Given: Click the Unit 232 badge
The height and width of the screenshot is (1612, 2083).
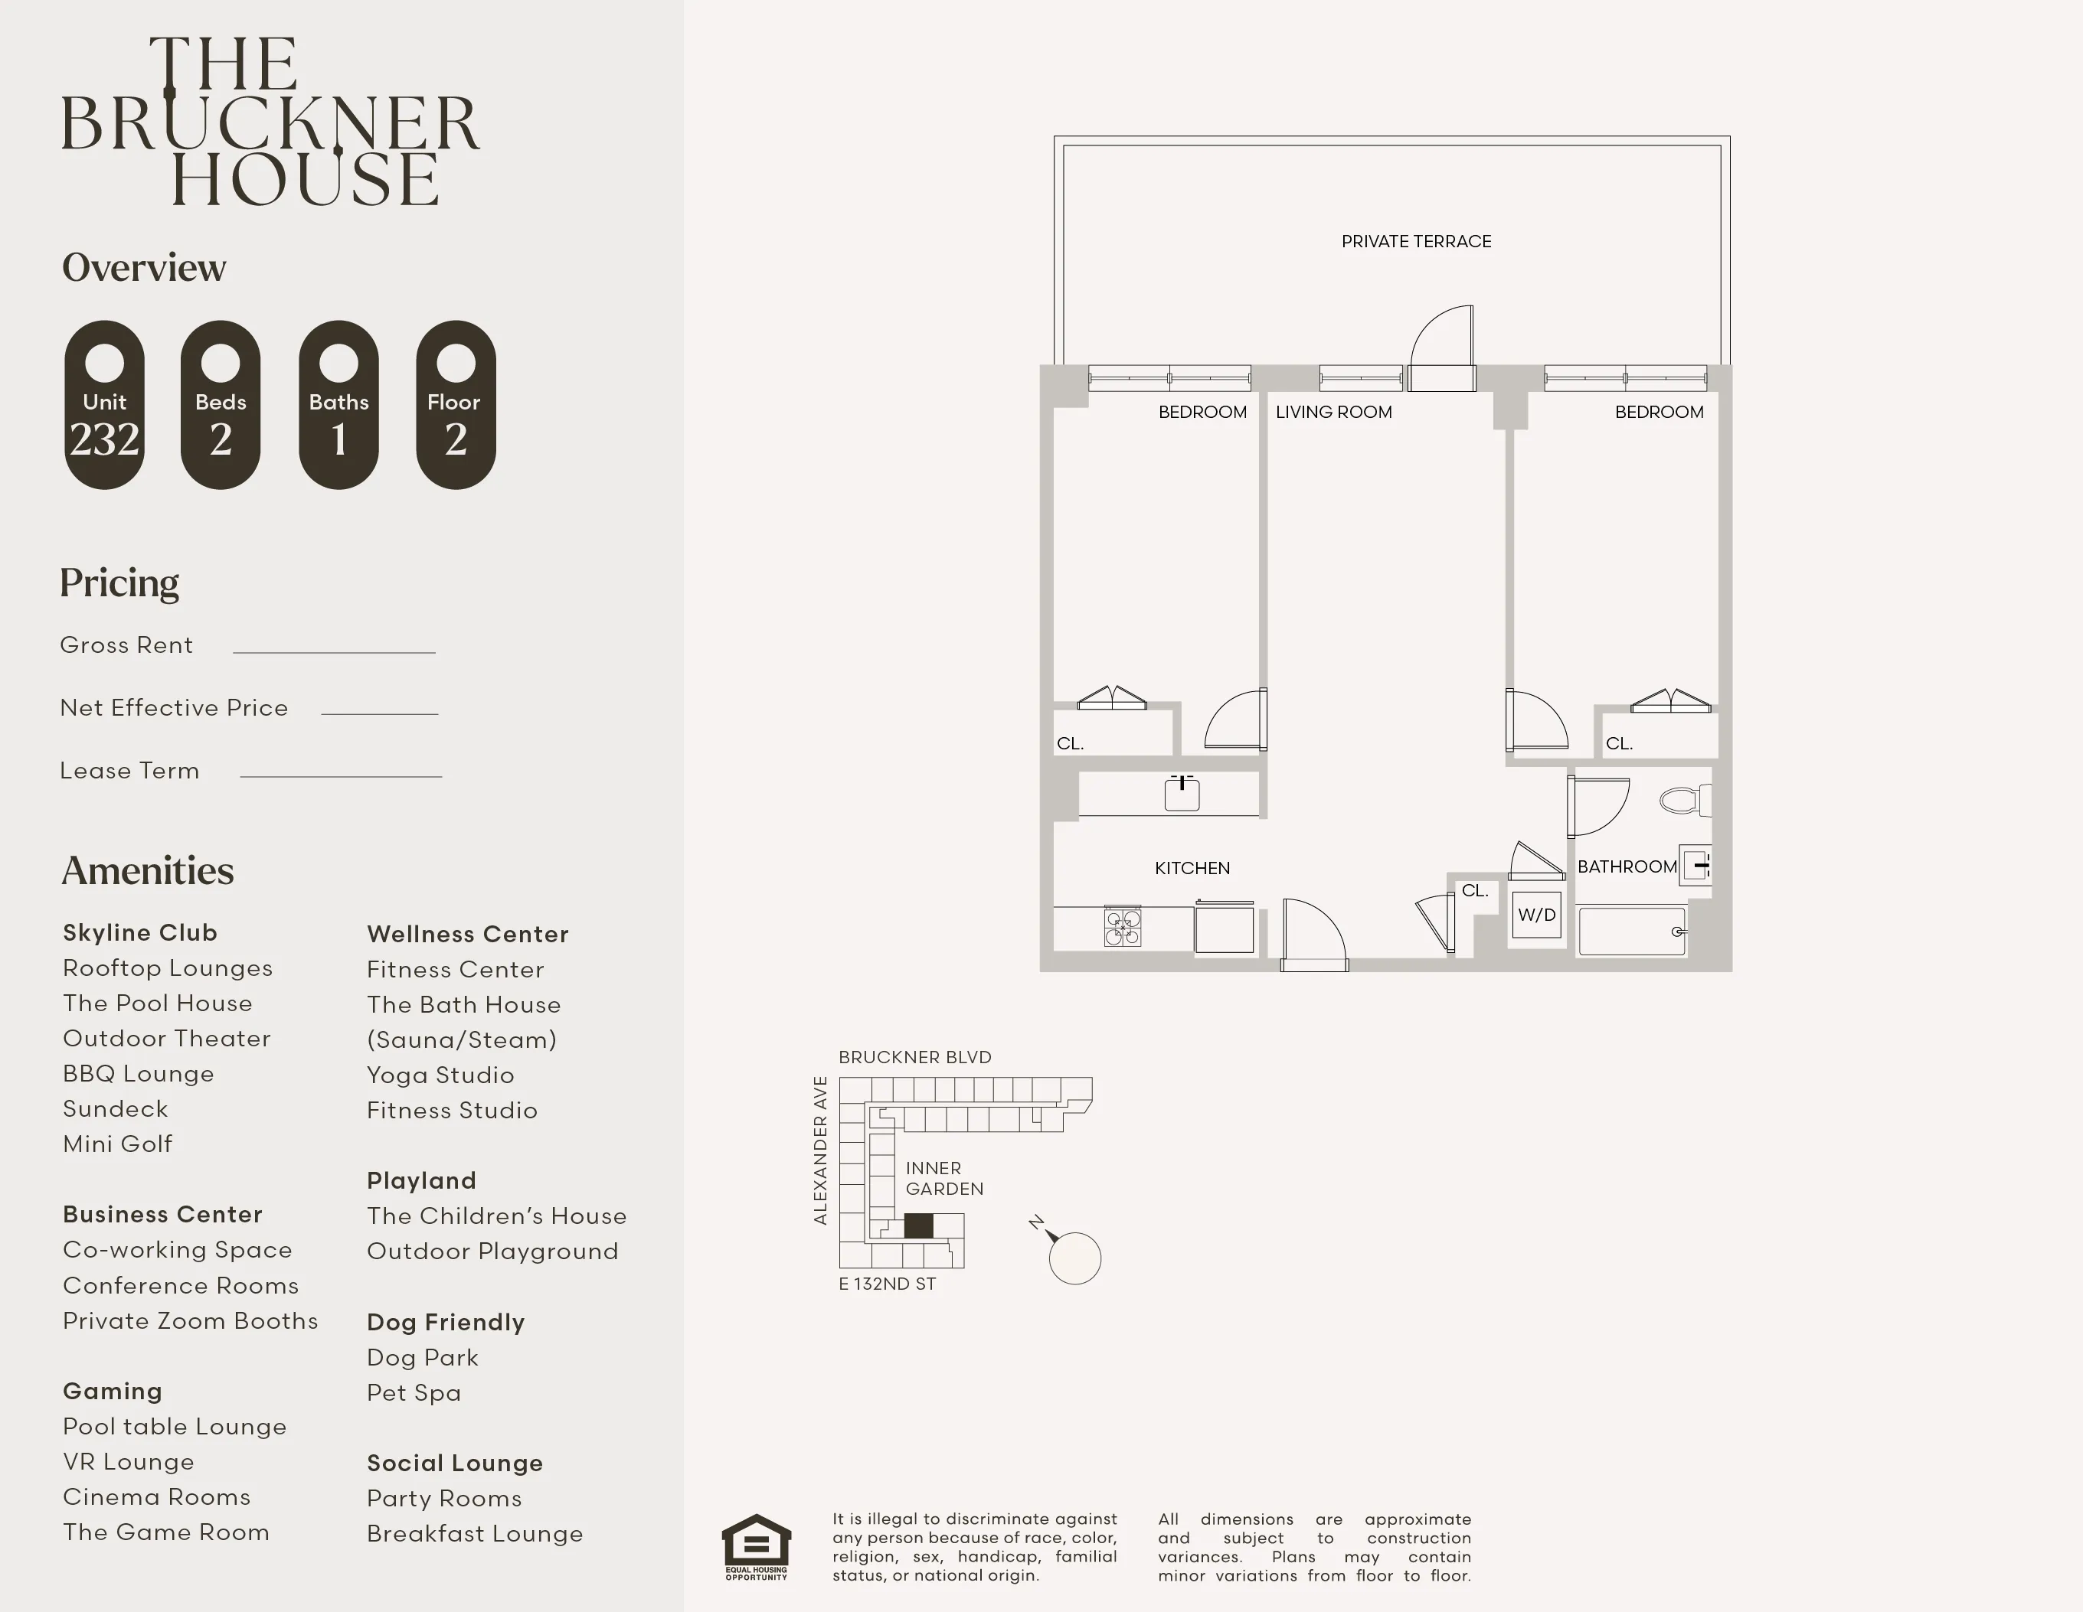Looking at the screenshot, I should click(x=104, y=405).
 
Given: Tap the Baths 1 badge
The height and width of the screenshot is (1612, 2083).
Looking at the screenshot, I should click(x=338, y=405).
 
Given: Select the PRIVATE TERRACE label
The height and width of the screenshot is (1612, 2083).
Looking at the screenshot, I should click(x=1415, y=242).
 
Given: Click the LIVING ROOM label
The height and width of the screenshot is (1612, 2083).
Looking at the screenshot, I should click(x=1333, y=413).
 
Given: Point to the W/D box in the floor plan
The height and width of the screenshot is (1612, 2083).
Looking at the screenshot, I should click(x=1536, y=915).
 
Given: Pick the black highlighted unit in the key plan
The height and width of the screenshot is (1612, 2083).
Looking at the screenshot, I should click(x=917, y=1225).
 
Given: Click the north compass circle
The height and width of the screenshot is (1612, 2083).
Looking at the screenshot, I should click(x=1075, y=1258).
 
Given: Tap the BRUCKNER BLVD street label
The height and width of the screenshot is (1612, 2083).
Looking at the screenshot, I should click(x=914, y=1057).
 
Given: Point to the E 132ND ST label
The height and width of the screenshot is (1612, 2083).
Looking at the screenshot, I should click(x=887, y=1284).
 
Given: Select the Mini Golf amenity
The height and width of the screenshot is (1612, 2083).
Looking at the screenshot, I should click(x=118, y=1144).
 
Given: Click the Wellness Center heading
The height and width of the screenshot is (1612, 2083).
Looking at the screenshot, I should click(x=467, y=935).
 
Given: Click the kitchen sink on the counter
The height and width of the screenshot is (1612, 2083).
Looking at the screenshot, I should click(x=1182, y=794).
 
